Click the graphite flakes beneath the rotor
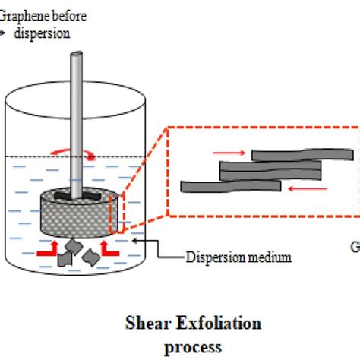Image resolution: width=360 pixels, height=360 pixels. tap(78, 252)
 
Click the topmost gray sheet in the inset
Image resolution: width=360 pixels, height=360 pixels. tap(302, 155)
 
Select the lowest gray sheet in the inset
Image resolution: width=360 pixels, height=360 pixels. tap(228, 186)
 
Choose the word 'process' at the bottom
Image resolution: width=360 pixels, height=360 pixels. tap(193, 346)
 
